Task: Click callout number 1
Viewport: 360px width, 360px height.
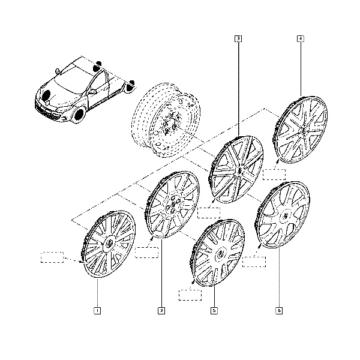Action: point(97,311)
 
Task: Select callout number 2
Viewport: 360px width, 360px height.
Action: point(161,311)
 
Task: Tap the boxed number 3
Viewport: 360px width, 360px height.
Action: point(238,38)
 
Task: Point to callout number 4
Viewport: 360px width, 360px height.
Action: point(301,38)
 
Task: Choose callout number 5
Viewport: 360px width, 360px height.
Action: point(214,311)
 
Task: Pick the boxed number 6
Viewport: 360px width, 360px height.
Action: point(279,311)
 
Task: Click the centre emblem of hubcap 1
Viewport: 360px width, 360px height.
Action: point(109,244)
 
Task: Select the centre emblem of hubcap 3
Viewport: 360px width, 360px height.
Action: point(239,171)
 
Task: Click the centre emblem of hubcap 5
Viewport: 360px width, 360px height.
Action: point(220,254)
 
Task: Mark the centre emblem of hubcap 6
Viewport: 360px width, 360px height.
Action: point(286,216)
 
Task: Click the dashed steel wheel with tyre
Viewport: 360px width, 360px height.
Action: point(166,120)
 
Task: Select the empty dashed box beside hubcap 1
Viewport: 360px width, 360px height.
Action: point(52,257)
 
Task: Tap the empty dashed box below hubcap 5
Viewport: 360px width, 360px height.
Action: point(190,295)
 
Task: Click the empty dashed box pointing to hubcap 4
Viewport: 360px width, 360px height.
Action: point(274,175)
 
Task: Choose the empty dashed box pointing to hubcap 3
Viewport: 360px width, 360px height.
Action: point(209,213)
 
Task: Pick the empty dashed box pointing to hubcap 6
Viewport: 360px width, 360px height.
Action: point(254,262)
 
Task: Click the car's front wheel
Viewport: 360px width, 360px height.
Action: point(79,115)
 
